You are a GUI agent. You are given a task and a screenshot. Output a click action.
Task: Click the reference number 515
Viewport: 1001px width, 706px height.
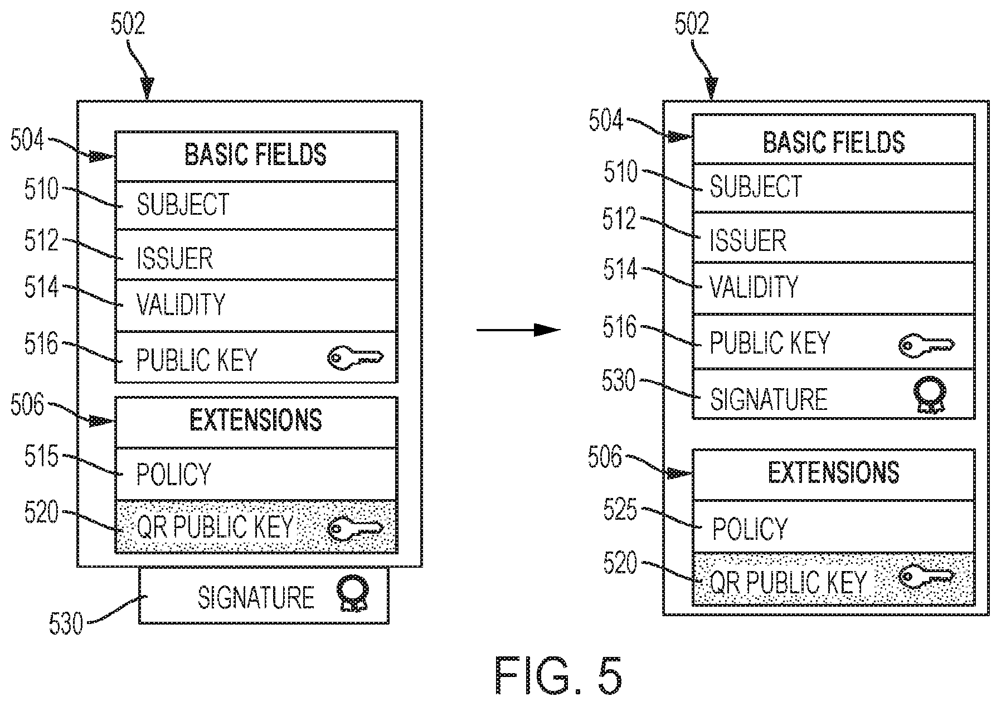coord(41,457)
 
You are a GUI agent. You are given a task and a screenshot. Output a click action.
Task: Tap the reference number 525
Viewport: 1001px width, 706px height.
coord(620,510)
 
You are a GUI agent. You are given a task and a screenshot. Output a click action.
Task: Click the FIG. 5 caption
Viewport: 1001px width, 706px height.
coord(558,675)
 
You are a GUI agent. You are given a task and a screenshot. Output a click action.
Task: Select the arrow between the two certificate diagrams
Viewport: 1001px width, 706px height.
coord(518,330)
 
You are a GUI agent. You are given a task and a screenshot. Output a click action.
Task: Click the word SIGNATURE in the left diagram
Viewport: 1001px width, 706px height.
coord(256,598)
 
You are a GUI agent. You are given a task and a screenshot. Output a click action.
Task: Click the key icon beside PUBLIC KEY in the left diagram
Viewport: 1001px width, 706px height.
coord(355,357)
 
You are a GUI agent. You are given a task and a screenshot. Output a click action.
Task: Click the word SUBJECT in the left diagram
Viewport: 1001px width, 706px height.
coord(183,205)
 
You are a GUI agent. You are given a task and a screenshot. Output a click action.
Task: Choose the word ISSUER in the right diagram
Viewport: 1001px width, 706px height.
coord(747,241)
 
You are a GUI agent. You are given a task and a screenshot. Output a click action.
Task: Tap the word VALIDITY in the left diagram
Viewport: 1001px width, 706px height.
coord(181,304)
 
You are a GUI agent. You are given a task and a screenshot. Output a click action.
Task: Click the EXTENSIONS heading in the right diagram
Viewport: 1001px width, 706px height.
coord(833,473)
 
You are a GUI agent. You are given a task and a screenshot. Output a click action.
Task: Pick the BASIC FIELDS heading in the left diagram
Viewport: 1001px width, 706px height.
coord(256,154)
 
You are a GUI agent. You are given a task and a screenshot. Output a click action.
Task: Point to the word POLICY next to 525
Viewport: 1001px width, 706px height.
coord(750,529)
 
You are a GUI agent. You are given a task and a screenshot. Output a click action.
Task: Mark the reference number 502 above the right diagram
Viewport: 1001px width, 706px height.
coord(692,24)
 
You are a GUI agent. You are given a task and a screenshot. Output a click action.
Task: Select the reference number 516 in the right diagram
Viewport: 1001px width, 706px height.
coord(619,327)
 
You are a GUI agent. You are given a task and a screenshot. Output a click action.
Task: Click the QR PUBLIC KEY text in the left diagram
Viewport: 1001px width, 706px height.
coord(215,527)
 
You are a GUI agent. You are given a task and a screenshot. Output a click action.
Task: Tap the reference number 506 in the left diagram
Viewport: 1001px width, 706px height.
coord(27,405)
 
